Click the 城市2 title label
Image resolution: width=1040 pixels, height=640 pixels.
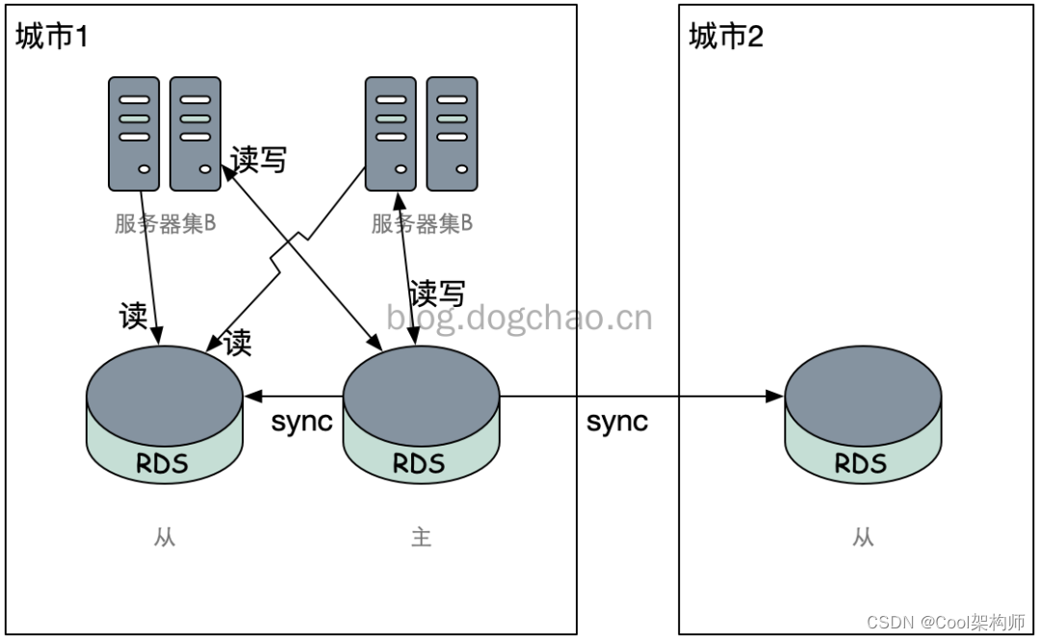(x=727, y=38)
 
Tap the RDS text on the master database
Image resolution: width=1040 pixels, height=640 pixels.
(x=420, y=464)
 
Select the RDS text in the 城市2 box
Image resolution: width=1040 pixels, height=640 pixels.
(x=860, y=464)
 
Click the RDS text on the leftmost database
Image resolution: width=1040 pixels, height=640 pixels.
(x=163, y=464)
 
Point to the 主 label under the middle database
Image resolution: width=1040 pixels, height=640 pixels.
(x=421, y=537)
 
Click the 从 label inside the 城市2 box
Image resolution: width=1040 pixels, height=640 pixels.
(x=863, y=537)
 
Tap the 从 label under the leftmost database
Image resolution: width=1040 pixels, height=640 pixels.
(x=165, y=537)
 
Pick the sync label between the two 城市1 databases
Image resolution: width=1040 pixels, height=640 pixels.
(x=301, y=422)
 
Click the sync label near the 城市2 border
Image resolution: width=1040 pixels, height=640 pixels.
(x=617, y=422)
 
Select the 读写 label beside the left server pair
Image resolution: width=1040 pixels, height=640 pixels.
(x=258, y=159)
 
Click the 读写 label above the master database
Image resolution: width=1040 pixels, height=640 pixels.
(x=437, y=292)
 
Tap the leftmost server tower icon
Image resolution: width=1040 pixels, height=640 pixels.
(x=134, y=134)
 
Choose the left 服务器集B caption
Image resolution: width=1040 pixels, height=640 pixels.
(x=165, y=224)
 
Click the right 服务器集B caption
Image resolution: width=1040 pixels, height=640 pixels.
(x=422, y=224)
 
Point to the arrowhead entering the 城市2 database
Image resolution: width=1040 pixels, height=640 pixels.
(x=774, y=396)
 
